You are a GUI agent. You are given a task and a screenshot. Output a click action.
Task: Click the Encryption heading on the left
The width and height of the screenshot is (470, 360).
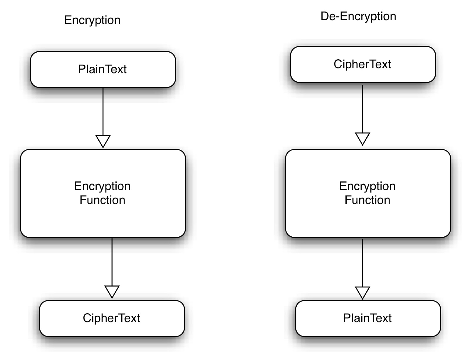tap(92, 20)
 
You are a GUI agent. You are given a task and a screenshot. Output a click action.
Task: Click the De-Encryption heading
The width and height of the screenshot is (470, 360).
tap(358, 16)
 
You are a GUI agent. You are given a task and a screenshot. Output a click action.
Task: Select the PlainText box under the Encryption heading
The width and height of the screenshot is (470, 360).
tap(103, 69)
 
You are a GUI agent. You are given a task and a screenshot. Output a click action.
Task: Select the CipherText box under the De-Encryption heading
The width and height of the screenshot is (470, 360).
tap(363, 64)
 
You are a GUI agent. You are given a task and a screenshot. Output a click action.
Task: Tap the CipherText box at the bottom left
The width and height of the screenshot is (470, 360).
tap(112, 318)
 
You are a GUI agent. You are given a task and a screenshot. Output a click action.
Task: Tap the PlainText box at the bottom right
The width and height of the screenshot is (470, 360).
tap(368, 318)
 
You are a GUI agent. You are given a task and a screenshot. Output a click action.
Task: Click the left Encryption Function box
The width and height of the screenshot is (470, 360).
tap(103, 217)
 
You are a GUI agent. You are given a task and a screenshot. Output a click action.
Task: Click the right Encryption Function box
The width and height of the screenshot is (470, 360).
tap(368, 217)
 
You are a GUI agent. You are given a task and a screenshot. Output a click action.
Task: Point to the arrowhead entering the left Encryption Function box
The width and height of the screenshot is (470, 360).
tap(103, 141)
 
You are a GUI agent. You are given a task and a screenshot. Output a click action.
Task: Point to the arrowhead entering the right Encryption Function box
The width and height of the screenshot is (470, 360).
tap(362, 139)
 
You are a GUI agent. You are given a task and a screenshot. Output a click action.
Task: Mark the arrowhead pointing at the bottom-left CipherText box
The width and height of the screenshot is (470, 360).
tap(112, 291)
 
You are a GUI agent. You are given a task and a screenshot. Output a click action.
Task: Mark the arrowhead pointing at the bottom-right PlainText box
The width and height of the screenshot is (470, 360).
tap(362, 292)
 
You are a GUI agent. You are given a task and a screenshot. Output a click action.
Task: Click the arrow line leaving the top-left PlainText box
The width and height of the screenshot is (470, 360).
tap(103, 112)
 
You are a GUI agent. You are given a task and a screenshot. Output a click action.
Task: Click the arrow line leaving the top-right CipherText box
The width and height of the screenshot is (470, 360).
tap(362, 109)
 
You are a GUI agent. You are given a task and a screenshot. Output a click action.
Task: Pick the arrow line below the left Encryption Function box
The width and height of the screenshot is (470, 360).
tap(112, 261)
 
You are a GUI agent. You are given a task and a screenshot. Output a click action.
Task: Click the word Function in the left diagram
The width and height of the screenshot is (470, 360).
tap(103, 200)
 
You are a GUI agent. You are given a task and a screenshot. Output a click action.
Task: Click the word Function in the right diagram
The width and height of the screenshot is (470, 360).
tap(367, 200)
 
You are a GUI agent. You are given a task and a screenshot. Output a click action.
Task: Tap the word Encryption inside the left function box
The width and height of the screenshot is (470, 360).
tap(102, 186)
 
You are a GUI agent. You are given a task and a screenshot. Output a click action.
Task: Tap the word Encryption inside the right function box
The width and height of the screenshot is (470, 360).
tap(367, 186)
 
